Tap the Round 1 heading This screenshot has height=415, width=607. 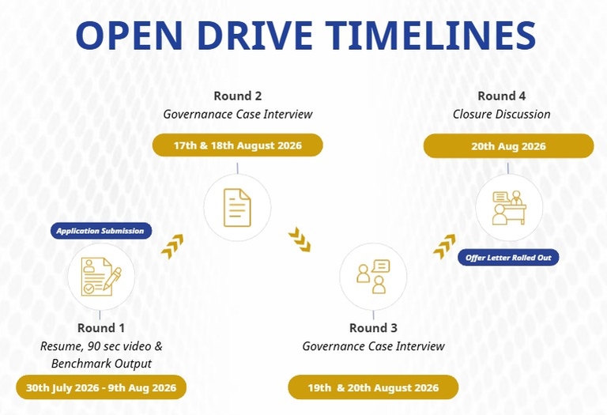point(101,328)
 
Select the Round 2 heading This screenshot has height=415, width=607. point(238,96)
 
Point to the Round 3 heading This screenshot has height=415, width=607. point(373,328)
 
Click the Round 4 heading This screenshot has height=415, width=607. point(501,96)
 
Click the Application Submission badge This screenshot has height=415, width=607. point(101,231)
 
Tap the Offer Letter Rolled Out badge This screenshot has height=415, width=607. point(508,258)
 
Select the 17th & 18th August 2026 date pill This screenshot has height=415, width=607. point(238,145)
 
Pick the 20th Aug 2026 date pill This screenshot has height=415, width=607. point(508,146)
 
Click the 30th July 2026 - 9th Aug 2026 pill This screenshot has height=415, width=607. point(101,387)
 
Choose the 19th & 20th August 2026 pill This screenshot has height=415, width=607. point(373,387)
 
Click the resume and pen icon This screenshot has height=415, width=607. point(101,277)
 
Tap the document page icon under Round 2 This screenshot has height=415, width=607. point(237,207)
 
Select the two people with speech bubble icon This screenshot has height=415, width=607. point(373,277)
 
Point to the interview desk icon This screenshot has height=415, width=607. point(509,207)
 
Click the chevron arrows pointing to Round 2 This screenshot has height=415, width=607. point(172,247)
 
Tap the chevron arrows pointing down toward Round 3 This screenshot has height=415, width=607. point(300,240)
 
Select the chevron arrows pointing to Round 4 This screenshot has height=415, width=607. point(444,246)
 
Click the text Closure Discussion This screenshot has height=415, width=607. point(501,114)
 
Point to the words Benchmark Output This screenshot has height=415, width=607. point(101,364)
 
